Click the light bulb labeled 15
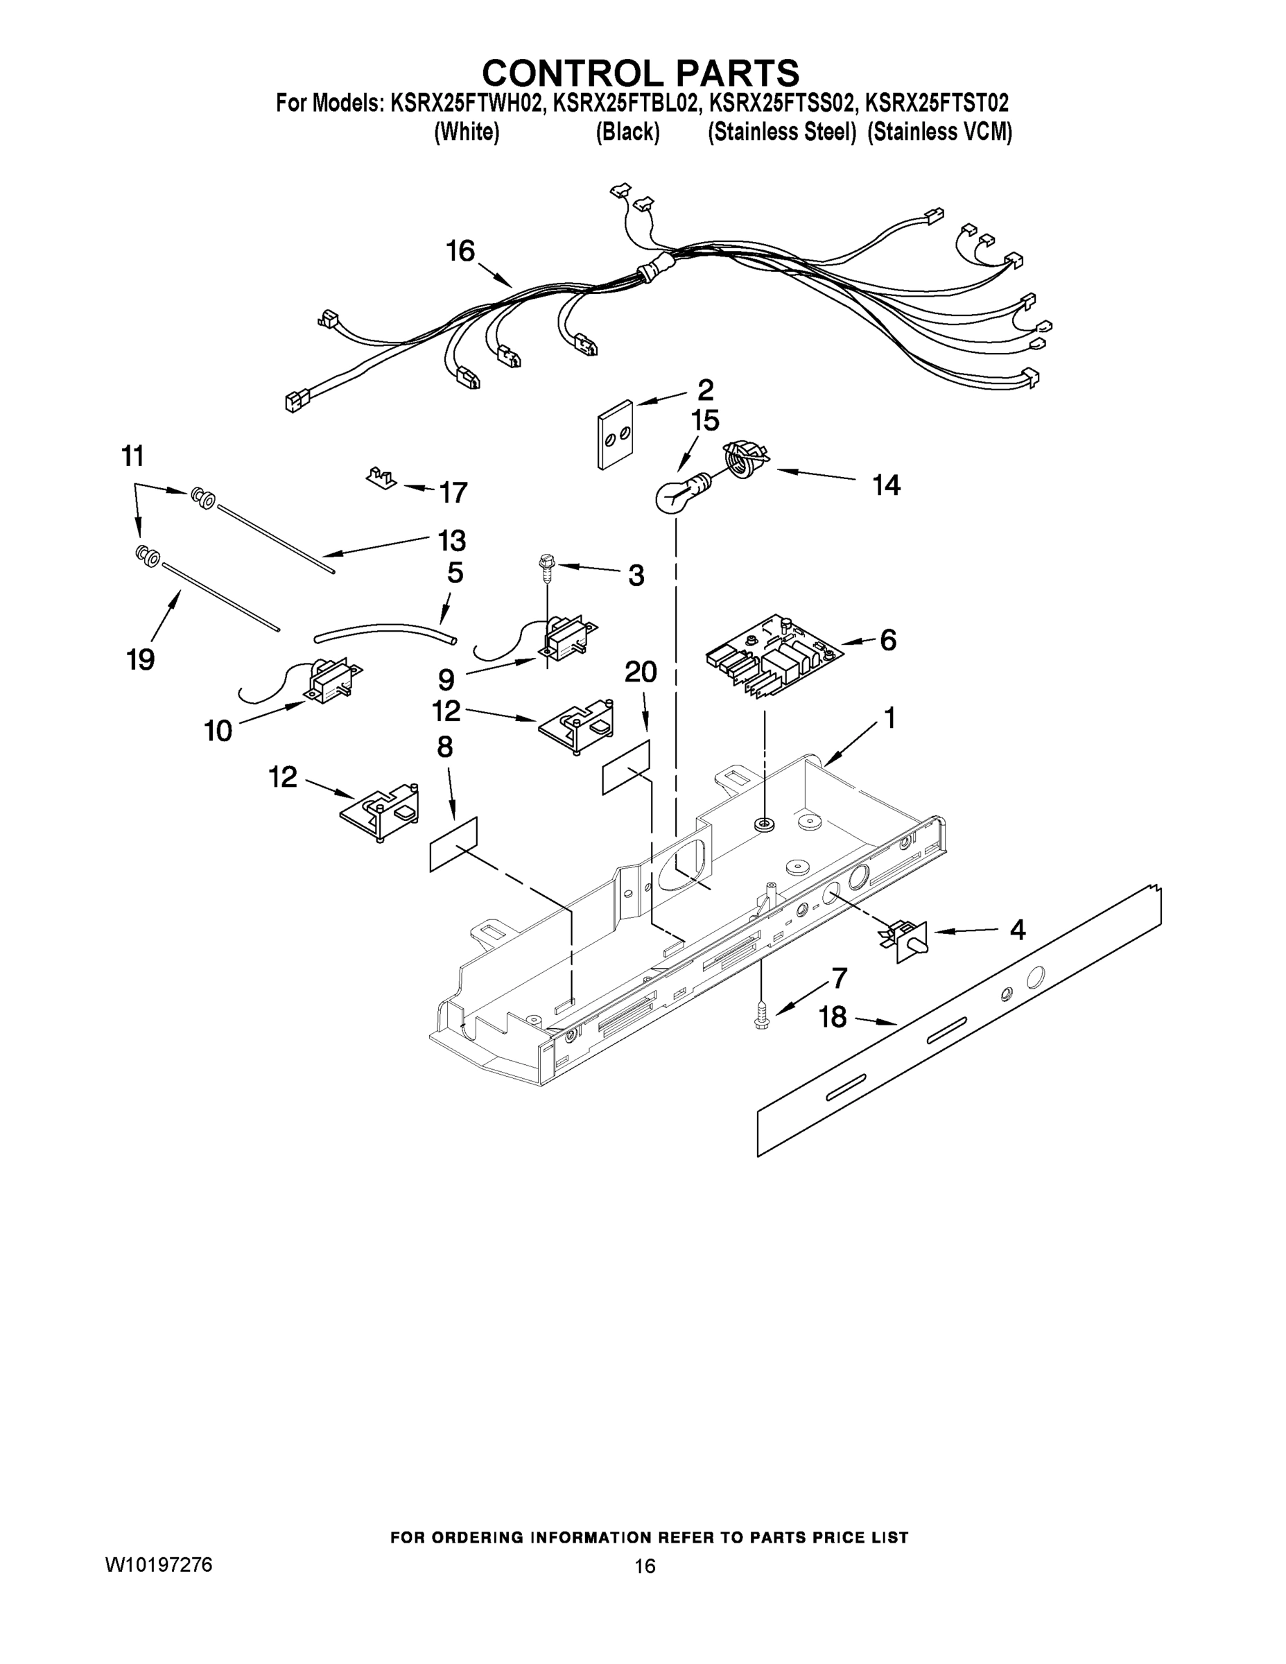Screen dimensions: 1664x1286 pos(675,496)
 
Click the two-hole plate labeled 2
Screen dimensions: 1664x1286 pos(616,434)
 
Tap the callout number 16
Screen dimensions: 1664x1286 pos(460,251)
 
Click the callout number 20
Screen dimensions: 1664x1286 pos(641,672)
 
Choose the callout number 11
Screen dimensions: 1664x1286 pos(132,456)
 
